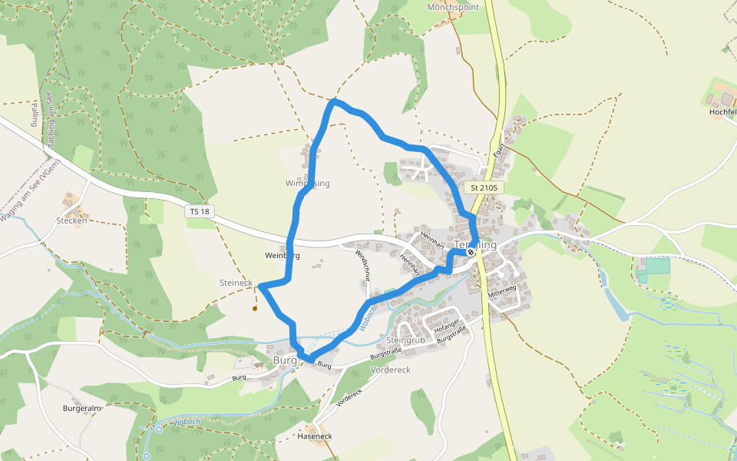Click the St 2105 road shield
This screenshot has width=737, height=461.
[x=484, y=187]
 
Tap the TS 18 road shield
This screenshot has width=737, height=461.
[x=198, y=211]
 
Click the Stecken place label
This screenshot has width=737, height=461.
[x=71, y=221]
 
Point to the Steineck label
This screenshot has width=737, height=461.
[x=236, y=283]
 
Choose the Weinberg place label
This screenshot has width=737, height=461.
[x=281, y=255]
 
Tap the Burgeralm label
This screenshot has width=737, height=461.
[x=82, y=409]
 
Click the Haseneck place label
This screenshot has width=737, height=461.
[x=315, y=436]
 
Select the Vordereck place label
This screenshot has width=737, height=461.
[x=390, y=370]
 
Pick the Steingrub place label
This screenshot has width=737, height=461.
[x=406, y=340]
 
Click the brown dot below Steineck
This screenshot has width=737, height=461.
[x=254, y=309]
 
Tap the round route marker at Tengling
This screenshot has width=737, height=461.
[x=471, y=252]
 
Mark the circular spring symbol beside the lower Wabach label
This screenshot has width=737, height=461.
[x=159, y=429]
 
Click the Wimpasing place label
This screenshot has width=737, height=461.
[x=307, y=184]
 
